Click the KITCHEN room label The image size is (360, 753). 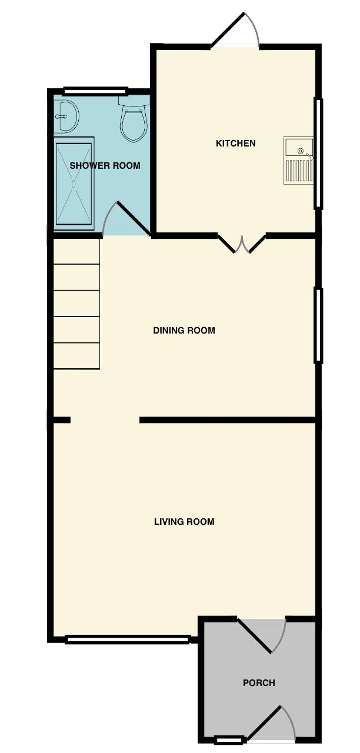tap(235, 143)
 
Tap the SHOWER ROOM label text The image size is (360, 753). tap(105, 165)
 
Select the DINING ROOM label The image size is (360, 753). tap(184, 331)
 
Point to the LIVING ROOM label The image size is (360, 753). tap(184, 521)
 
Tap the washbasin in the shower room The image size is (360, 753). tap(66, 116)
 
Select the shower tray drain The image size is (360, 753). tap(74, 184)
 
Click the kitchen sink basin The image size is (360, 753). tap(299, 147)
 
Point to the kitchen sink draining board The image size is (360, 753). tap(299, 171)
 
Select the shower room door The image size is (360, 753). tap(126, 218)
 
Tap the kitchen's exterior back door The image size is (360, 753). tap(235, 30)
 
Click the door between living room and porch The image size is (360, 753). tap(261, 635)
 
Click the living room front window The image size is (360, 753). tap(128, 639)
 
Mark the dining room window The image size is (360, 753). tap(318, 325)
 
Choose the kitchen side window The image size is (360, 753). tap(318, 153)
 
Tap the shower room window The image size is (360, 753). tap(95, 91)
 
